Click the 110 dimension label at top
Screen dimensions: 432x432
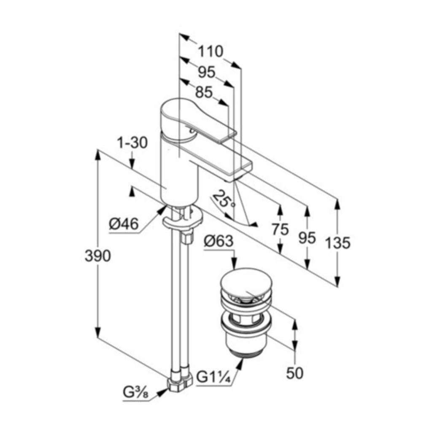[211, 51]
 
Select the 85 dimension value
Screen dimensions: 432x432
[204, 92]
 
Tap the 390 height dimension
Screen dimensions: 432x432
[97, 256]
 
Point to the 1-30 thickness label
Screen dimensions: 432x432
[132, 143]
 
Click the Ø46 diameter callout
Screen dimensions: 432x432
[124, 224]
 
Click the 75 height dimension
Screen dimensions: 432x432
[280, 230]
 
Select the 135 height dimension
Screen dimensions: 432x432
[337, 243]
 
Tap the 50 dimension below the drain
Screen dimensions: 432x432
[294, 373]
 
